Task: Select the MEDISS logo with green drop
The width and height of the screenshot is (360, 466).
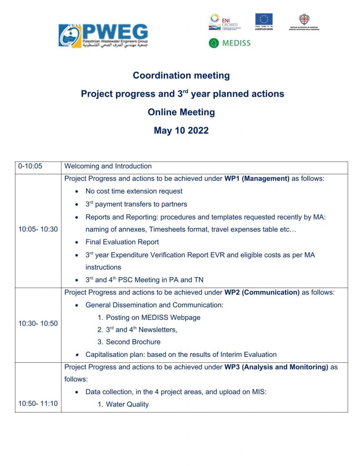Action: point(229,43)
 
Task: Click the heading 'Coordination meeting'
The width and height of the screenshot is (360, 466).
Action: point(181,75)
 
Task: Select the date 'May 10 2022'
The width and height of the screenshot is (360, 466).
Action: point(181,131)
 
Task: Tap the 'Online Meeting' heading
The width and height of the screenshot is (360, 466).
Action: point(181,112)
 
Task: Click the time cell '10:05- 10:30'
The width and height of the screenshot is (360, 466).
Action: point(38,229)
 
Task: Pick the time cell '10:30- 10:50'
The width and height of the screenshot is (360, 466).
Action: point(38,324)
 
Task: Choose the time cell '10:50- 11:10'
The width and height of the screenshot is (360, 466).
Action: point(38,403)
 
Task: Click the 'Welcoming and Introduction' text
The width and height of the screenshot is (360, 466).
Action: point(108,166)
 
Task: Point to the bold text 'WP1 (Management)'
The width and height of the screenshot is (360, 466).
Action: point(257,178)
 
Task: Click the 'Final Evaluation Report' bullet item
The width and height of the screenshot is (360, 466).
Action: point(122,242)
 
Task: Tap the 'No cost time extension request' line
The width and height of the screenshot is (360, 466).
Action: point(134,191)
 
